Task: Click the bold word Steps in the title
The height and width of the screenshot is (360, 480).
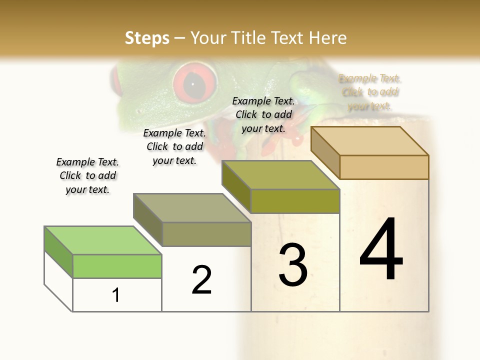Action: click(147, 38)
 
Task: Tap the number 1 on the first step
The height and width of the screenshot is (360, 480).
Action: click(116, 295)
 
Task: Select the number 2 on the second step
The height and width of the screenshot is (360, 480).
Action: click(201, 280)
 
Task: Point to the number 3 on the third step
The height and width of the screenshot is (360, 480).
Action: click(293, 265)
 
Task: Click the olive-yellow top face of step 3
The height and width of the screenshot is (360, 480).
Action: click(280, 175)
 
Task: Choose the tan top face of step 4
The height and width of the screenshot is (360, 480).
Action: click(370, 141)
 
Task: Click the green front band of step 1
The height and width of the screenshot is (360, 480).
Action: click(117, 266)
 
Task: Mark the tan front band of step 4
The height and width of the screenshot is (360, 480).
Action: click(384, 167)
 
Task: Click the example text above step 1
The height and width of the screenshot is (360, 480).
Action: click(87, 175)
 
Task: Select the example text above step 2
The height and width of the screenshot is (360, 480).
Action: click(174, 146)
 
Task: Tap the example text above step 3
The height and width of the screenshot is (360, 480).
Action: click(263, 114)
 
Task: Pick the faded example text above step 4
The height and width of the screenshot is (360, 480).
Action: click(370, 92)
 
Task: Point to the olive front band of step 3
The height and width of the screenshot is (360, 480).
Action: click(295, 201)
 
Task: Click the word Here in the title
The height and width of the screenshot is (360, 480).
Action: click(328, 38)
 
